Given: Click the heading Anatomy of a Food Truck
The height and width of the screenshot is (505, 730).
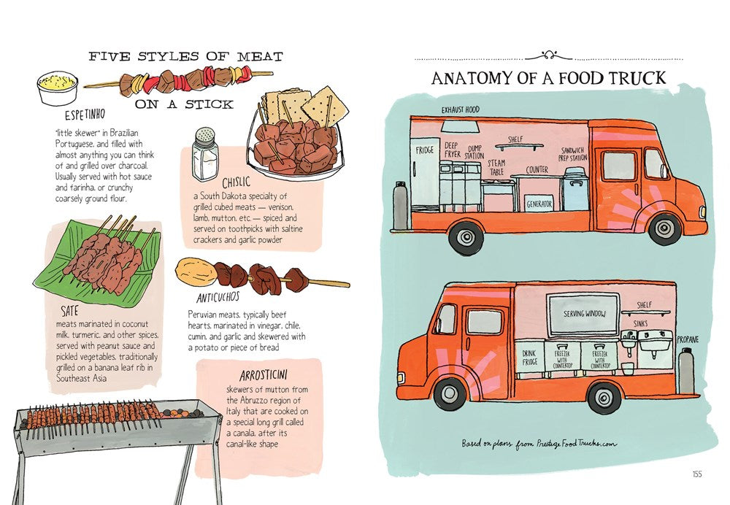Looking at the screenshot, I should click(x=547, y=78).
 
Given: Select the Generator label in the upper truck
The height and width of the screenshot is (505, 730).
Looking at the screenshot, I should click(x=539, y=204).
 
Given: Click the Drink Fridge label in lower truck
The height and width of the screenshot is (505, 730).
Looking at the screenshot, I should click(x=529, y=357).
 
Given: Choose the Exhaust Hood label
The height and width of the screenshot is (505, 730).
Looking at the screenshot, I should click(x=460, y=109).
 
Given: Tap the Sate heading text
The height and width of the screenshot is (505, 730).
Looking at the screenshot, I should click(x=70, y=310).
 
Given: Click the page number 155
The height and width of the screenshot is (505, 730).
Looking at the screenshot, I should click(x=696, y=474).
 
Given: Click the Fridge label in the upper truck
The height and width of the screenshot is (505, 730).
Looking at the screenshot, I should click(x=425, y=150).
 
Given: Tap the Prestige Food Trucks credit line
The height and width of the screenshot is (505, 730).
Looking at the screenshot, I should click(x=539, y=443).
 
